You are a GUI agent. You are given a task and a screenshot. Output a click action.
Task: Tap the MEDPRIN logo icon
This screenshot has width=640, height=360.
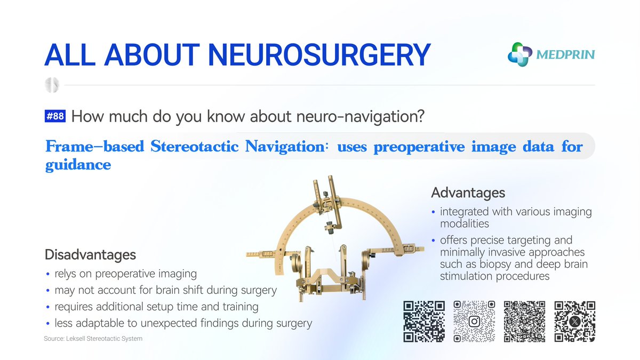click(520, 54)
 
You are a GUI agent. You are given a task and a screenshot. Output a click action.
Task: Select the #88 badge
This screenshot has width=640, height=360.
click(55, 117)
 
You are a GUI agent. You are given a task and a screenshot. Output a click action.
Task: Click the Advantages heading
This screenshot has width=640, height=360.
click(468, 192)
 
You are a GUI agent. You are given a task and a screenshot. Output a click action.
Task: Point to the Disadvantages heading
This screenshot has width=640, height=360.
click(90, 254)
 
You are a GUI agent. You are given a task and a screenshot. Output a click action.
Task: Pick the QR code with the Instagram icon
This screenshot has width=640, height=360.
click(474, 322)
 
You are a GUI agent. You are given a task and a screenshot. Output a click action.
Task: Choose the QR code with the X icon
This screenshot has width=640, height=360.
click(575, 322)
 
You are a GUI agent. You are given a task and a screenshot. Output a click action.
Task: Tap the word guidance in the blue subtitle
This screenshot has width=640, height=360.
click(78, 165)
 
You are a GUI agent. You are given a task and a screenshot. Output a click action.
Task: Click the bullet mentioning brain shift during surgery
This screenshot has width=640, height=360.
click(165, 291)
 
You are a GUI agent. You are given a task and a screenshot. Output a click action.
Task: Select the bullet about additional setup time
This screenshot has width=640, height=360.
click(156, 307)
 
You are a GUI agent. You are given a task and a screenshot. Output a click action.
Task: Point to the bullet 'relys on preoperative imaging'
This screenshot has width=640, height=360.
click(125, 274)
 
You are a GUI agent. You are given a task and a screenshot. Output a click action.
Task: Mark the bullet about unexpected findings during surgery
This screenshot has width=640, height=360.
click(183, 323)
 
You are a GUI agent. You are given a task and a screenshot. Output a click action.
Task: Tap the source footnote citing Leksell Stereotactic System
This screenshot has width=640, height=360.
click(93, 339)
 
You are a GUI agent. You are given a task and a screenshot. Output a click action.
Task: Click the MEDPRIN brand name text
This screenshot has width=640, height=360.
click(566, 54)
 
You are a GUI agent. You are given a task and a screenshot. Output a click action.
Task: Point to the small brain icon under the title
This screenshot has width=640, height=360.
click(53, 85)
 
